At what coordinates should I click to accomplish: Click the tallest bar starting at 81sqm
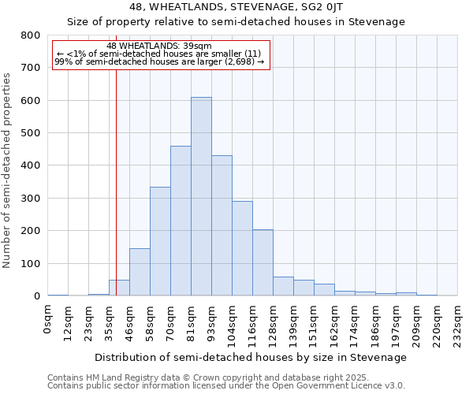pos(201,197)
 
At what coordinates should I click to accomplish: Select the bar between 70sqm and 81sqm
pos(181,221)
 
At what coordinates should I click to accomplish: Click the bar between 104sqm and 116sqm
pos(242,248)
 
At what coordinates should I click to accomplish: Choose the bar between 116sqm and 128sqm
pos(263,263)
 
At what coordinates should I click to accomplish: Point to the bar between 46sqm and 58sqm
pos(140,272)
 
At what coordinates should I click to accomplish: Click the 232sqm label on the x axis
pos(458,323)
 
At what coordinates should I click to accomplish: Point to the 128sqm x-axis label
pos(274,323)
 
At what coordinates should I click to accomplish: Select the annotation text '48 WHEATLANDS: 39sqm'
pos(158,46)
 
